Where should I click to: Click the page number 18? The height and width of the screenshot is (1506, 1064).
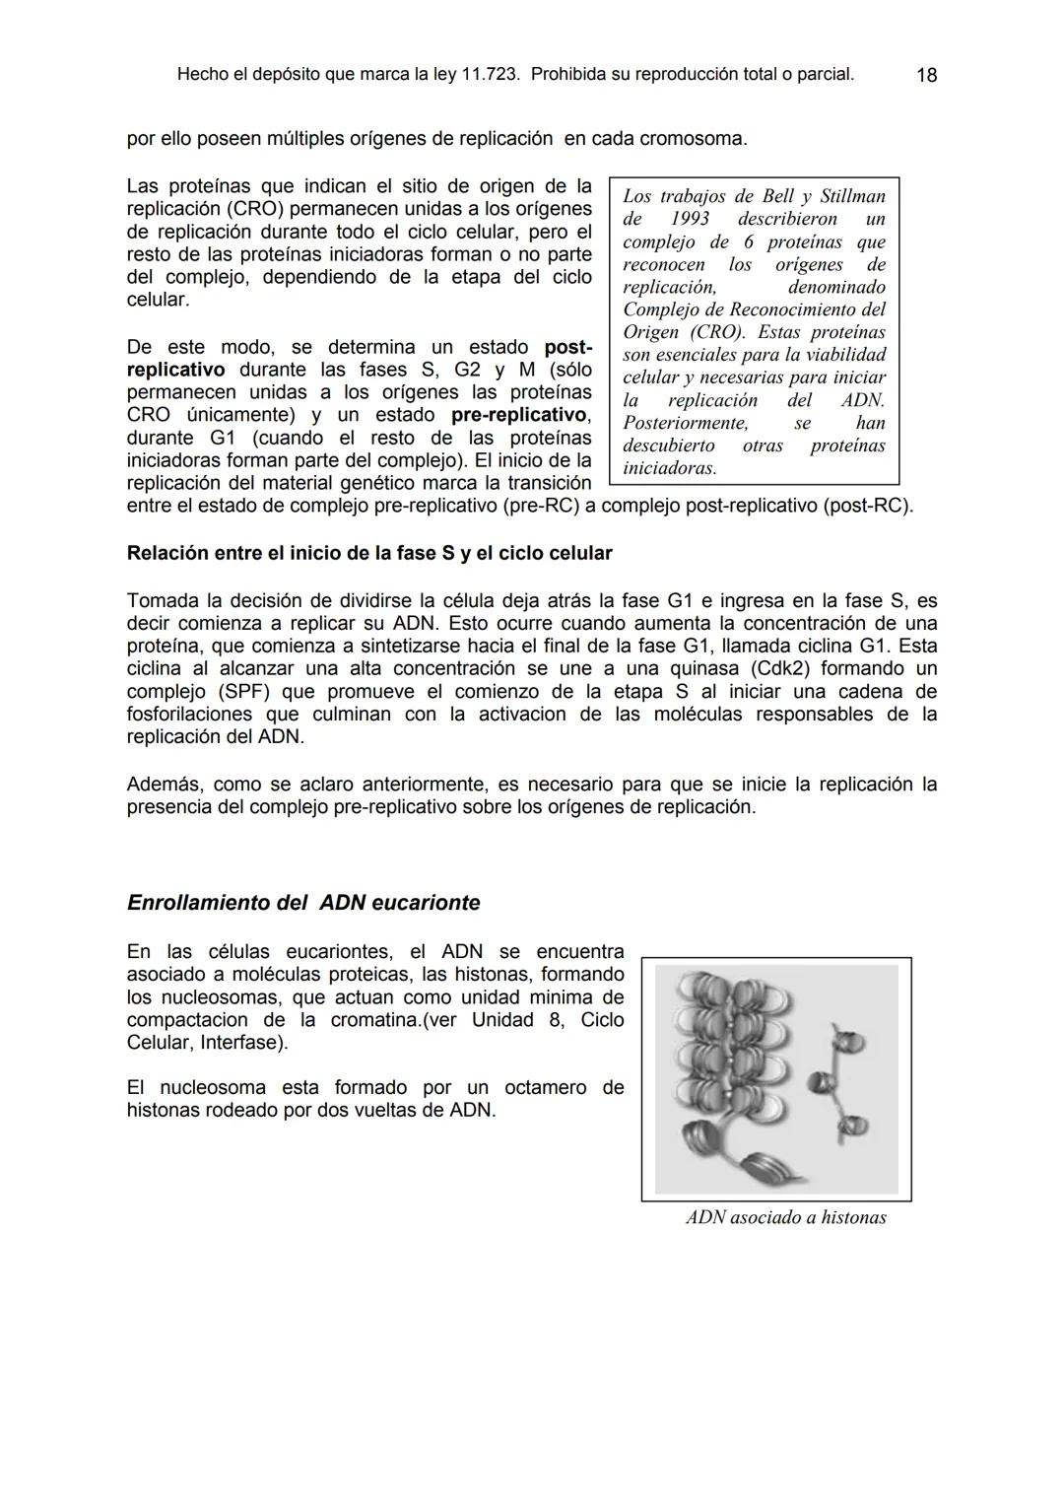(x=926, y=75)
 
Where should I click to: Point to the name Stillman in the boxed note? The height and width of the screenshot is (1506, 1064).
(x=852, y=196)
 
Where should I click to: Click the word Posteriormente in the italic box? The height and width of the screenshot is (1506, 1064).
(x=686, y=423)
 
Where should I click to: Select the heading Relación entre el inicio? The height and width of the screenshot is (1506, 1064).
(x=369, y=553)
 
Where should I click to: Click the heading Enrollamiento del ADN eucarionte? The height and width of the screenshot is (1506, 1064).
(x=303, y=903)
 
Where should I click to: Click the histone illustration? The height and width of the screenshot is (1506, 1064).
(x=776, y=1078)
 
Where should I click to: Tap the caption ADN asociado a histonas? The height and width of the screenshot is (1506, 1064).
(x=786, y=1218)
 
